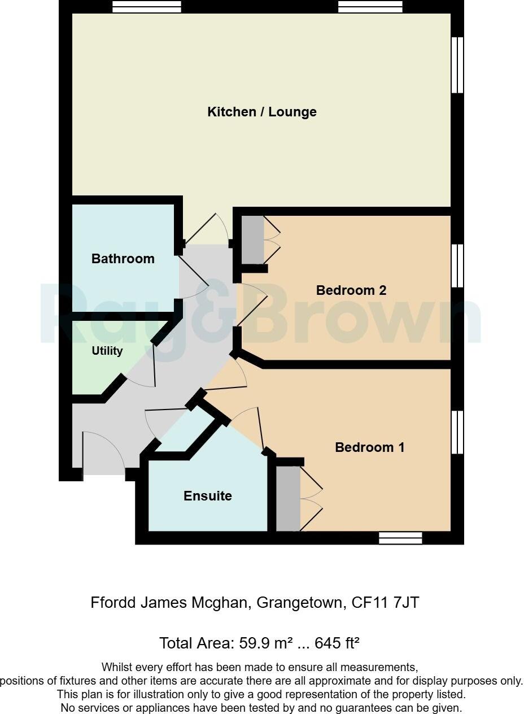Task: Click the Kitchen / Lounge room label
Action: [x=262, y=112]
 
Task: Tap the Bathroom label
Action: [x=123, y=259]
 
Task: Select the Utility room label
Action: [x=107, y=351]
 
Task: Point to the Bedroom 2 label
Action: [x=351, y=290]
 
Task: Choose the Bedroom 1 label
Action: [x=370, y=447]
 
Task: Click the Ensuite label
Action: [x=208, y=496]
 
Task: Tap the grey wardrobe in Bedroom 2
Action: [x=252, y=240]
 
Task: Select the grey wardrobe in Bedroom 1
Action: [x=288, y=498]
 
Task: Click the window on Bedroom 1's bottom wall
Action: [x=400, y=538]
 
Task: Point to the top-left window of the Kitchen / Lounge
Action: [x=147, y=7]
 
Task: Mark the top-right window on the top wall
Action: [x=370, y=7]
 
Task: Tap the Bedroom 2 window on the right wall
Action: [x=457, y=265]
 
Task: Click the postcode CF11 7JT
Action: [x=385, y=603]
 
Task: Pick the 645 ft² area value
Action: [x=337, y=643]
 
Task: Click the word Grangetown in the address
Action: [x=299, y=603]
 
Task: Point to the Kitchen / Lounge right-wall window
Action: [x=457, y=65]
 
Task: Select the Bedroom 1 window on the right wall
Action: [x=457, y=432]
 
